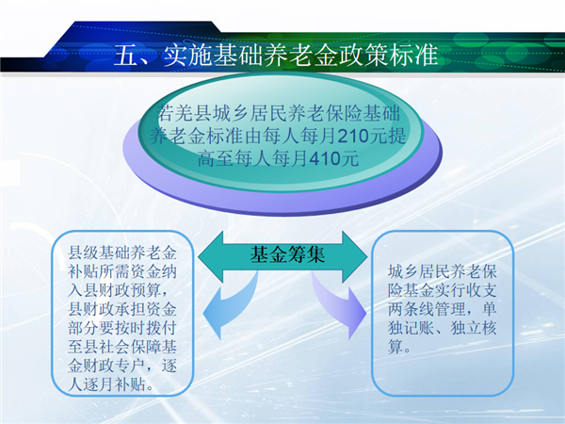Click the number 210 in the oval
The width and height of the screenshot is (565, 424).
353,137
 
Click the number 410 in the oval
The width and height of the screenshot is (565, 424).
325,158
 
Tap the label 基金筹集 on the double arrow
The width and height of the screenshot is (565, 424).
287,254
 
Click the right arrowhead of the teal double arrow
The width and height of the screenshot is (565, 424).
355,256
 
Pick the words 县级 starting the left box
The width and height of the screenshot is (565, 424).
83,253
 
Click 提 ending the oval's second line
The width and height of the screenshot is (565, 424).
397,137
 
